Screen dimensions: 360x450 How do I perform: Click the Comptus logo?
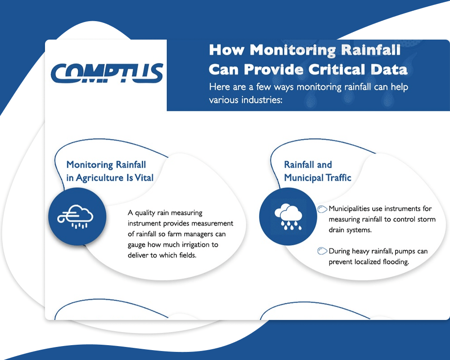[107, 72]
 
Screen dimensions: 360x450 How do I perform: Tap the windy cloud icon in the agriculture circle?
[77, 216]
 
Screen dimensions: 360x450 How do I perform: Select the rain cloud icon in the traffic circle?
[288, 216]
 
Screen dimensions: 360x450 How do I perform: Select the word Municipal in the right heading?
[303, 178]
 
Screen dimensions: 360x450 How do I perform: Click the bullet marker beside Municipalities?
[322, 209]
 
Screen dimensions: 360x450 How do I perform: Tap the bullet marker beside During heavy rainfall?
[322, 251]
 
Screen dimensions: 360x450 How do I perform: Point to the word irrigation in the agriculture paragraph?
[202, 245]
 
